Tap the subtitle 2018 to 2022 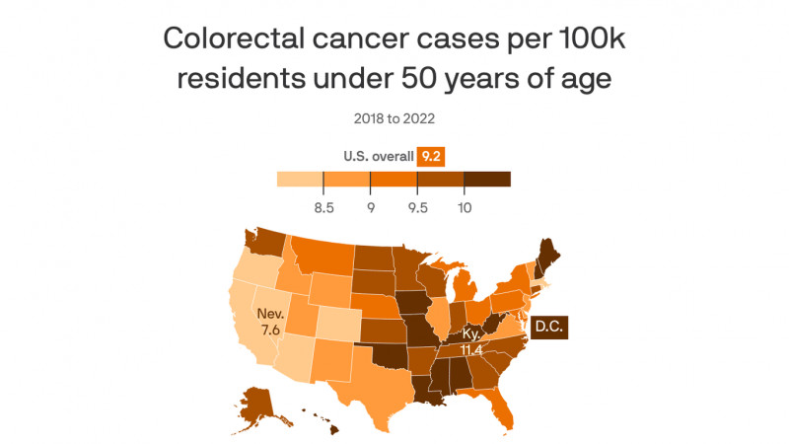pos(394,118)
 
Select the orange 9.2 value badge pos(431,156)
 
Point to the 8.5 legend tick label pos(323,207)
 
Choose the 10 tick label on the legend pos(465,207)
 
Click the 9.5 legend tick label pos(417,207)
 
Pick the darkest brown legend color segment pos(487,179)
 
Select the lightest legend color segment pos(301,179)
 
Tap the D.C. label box pos(549,327)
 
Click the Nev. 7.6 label pos(270,322)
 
